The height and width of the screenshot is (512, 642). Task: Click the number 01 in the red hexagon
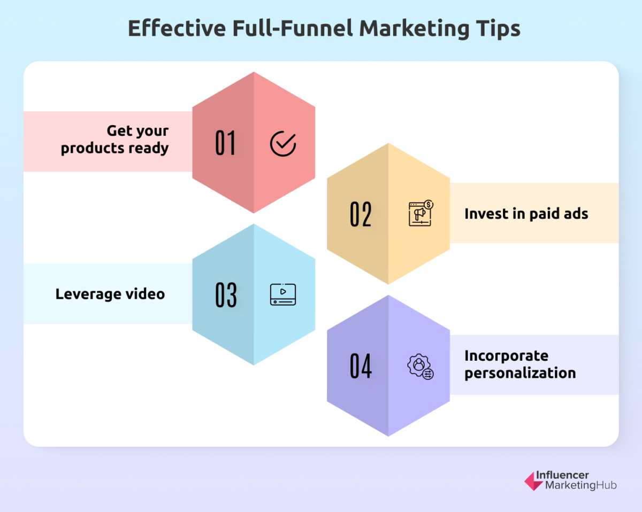pos(225,143)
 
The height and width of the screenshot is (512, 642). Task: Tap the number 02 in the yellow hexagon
pos(361,214)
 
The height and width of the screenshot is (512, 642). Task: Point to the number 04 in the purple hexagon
pos(361,366)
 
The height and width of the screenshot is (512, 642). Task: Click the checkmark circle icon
pos(283,143)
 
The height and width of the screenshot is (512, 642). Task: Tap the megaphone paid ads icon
pos(421,213)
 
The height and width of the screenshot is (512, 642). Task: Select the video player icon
pos(283,294)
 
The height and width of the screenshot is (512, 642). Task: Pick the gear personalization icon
pos(420,367)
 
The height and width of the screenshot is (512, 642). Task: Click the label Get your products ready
pos(115,139)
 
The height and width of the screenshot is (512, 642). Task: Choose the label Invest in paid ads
pos(526,214)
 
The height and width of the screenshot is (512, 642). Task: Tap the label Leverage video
pos(110,293)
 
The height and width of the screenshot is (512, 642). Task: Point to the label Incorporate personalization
pos(519,364)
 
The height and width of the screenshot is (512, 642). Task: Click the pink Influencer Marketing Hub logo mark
pos(533,480)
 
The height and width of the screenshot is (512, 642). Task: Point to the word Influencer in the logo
pos(567,475)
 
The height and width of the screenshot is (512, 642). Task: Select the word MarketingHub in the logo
pos(580,485)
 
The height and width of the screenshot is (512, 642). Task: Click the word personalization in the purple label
pos(519,373)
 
